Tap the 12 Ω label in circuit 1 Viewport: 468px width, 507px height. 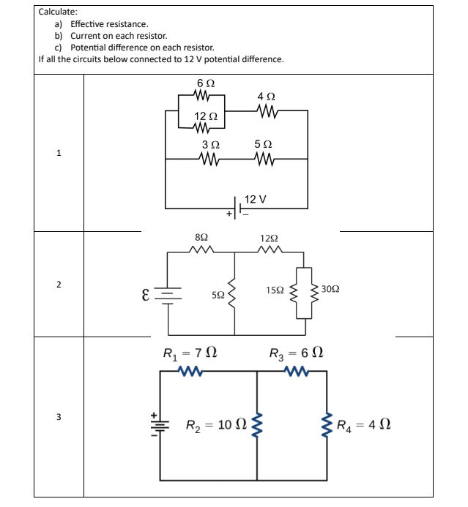pos(205,116)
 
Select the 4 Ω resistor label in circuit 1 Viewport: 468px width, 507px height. pos(267,97)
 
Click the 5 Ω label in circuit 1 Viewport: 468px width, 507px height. pos(263,145)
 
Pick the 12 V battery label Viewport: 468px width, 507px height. pos(255,199)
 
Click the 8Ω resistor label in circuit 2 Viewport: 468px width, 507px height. pos(201,239)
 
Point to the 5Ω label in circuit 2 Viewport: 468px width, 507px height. pos(218,296)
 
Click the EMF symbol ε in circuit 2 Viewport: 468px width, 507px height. pos(146,296)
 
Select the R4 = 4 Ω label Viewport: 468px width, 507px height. pos(363,424)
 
